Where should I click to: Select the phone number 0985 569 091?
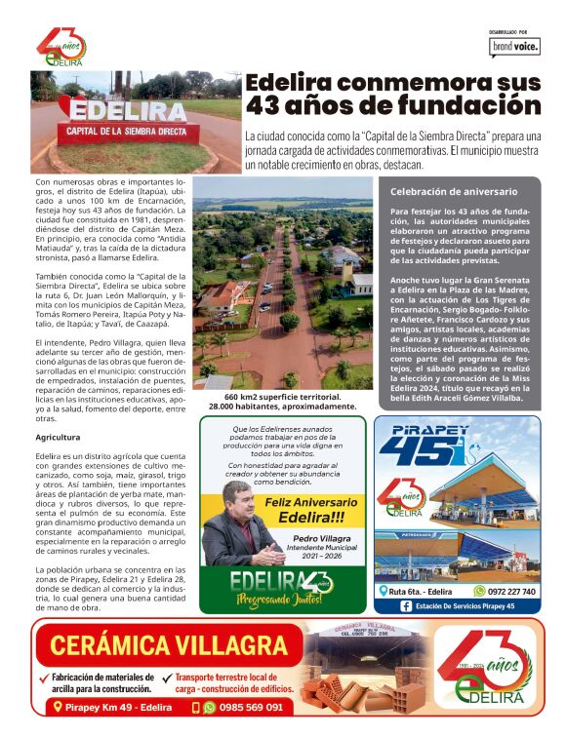(251, 707)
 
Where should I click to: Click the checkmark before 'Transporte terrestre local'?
(168, 678)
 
